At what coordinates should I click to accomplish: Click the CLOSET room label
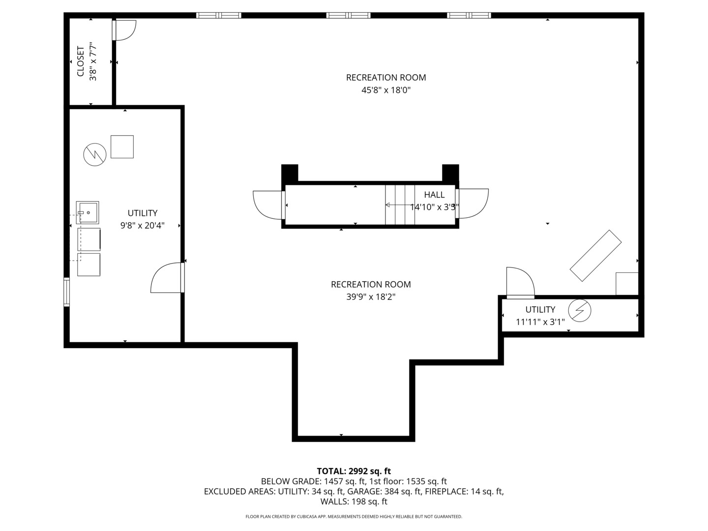click(x=81, y=61)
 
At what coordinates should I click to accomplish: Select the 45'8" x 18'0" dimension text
click(x=386, y=90)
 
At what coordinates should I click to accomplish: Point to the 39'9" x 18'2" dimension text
click(x=371, y=296)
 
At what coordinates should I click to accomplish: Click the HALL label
click(x=434, y=195)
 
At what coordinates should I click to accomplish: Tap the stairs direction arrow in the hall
click(x=400, y=205)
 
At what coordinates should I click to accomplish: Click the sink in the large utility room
click(x=88, y=212)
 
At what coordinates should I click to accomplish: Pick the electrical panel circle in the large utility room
click(x=95, y=155)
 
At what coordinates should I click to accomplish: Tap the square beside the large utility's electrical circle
click(x=122, y=147)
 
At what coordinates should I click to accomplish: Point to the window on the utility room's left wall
click(x=66, y=292)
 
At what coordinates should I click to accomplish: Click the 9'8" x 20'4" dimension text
click(x=142, y=225)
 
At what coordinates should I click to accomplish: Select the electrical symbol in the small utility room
click(x=579, y=310)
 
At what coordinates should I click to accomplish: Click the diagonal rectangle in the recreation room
click(x=595, y=256)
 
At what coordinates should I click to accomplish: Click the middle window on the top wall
click(x=349, y=15)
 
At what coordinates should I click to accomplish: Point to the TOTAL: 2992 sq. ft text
click(x=354, y=471)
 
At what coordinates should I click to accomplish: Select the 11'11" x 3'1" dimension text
click(x=540, y=322)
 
